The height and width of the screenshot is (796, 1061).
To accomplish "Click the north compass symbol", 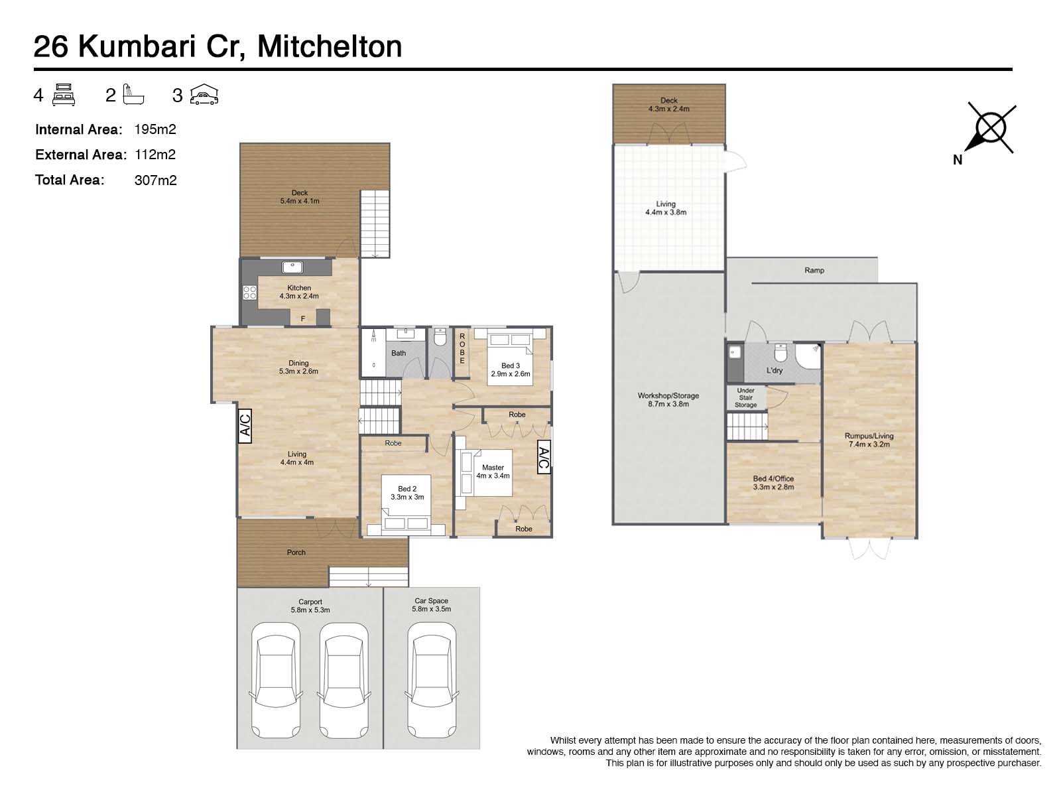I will (x=991, y=128).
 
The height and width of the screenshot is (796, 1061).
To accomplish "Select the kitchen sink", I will (x=292, y=267).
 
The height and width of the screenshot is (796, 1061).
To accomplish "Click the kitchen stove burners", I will (x=249, y=293).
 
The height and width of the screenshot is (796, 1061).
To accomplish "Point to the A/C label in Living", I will (x=245, y=425).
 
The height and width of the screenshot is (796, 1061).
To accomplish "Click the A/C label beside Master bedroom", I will (x=543, y=457).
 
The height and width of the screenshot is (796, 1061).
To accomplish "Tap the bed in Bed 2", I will (x=406, y=511).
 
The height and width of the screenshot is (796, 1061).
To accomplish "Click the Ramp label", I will (x=814, y=271).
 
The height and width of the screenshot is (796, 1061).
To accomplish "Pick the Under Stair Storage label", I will (x=745, y=398).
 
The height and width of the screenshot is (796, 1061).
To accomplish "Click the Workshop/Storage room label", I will (x=668, y=399).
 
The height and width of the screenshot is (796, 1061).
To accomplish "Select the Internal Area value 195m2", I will (x=155, y=129).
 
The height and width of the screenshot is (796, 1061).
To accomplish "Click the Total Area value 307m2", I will (x=155, y=180).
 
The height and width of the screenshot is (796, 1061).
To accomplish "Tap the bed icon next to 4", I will (x=64, y=96).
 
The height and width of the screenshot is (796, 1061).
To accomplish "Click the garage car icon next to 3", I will (x=204, y=96).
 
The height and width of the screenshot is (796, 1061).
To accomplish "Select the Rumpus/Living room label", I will (x=869, y=440).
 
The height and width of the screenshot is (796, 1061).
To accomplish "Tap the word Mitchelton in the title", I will (x=330, y=46).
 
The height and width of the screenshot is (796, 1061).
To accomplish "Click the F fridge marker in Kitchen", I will (x=303, y=319).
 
